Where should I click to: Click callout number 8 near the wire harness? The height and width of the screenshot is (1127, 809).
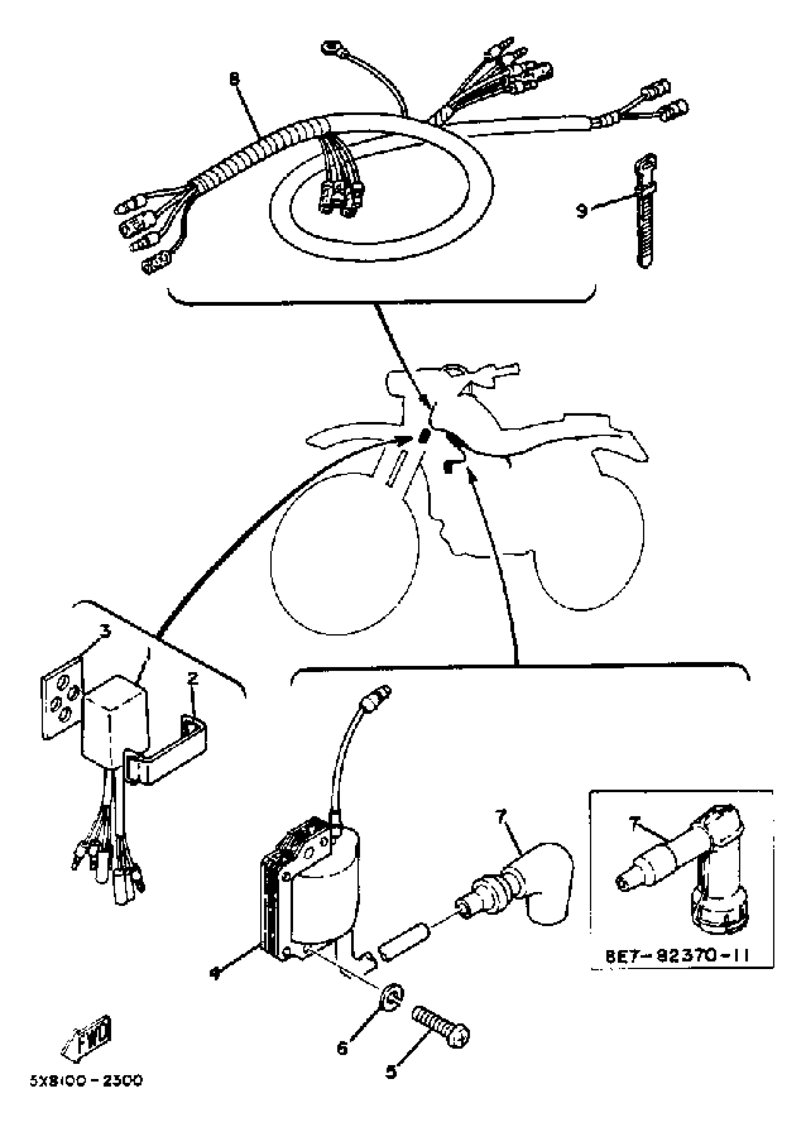235,78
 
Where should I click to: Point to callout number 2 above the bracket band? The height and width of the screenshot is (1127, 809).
192,678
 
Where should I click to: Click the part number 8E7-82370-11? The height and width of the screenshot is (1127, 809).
677,955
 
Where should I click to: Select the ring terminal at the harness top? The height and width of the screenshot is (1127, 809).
329,48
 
